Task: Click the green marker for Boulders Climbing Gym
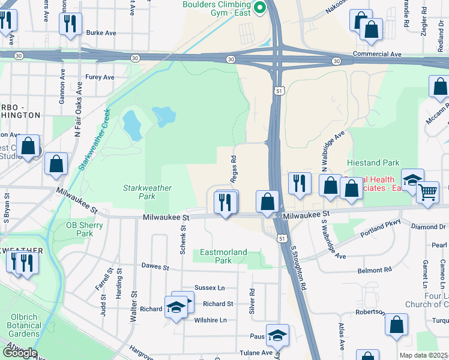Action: click(x=260, y=8)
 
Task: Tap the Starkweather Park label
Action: click(x=139, y=192)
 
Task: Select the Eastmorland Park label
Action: click(x=223, y=257)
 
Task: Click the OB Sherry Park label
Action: click(x=85, y=230)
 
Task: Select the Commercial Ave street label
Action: click(x=377, y=54)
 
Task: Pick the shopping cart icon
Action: click(x=427, y=193)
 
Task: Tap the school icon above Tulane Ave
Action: click(x=277, y=335)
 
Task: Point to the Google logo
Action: click(x=19, y=353)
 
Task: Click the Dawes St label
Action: click(x=153, y=266)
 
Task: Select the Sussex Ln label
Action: click(x=209, y=289)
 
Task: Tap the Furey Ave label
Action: click(x=100, y=77)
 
